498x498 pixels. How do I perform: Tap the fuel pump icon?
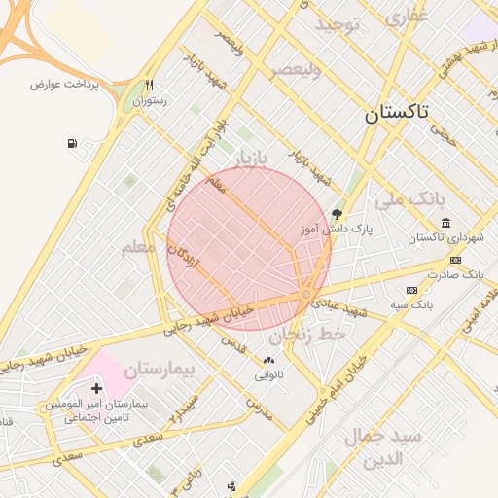pos(73,145)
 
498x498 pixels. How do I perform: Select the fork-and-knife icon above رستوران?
pos(149,85)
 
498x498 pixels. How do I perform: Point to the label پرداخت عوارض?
pos(65,85)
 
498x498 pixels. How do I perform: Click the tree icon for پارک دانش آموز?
pos(338,213)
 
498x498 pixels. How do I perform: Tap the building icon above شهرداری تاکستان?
pos(445,224)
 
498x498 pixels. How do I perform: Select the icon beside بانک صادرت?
pos(455,260)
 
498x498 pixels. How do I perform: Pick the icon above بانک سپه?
pos(410,290)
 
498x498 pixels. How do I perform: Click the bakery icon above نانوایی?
pos(268,360)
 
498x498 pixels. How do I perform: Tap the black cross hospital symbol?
pos(96,388)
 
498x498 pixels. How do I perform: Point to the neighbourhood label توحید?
pos(338,23)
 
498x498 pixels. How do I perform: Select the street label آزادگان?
pos(179,258)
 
